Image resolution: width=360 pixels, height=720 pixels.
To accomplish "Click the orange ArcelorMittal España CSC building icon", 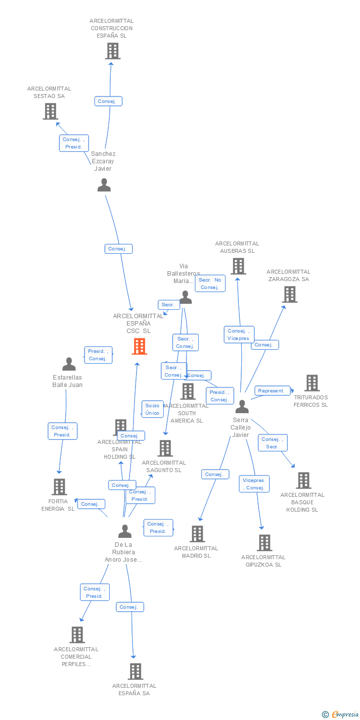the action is tap(139, 346).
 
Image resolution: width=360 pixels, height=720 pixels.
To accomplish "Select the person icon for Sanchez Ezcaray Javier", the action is tap(104, 185).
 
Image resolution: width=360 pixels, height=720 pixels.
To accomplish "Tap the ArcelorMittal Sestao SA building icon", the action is tap(50, 111).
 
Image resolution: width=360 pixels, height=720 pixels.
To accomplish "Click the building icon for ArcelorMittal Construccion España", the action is tap(112, 50).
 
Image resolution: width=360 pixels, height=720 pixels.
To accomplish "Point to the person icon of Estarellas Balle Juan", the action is tap(69, 364).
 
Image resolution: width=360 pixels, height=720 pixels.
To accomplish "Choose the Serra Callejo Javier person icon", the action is tap(242, 406).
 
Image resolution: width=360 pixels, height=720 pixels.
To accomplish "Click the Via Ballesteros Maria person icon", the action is tap(185, 297).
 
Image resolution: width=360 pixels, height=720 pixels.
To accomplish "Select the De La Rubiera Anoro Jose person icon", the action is tap(125, 531).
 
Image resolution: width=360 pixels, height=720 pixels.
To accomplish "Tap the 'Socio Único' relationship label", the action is tap(152, 409).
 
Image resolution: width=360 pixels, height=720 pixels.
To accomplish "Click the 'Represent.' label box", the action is tap(272, 391).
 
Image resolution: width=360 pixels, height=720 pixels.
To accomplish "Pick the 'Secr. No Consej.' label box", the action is tap(210, 284).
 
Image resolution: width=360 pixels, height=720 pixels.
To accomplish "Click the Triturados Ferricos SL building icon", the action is tap(312, 383).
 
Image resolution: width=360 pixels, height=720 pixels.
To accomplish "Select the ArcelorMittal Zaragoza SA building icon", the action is tap(289, 294).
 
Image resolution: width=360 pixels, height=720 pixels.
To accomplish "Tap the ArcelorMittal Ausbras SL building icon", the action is tap(238, 266).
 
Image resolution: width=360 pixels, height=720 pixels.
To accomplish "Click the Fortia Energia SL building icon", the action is tap(59, 486).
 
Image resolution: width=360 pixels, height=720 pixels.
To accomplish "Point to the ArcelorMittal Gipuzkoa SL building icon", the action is tap(264, 542).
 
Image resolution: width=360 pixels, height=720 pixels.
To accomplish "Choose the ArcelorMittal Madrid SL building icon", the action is tap(197, 533).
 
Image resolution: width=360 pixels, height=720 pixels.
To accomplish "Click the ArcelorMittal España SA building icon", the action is tap(135, 671).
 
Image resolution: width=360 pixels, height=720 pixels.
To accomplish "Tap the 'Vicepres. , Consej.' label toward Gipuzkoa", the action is tap(255, 484).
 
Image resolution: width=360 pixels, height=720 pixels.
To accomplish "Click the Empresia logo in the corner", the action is tap(343, 714).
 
